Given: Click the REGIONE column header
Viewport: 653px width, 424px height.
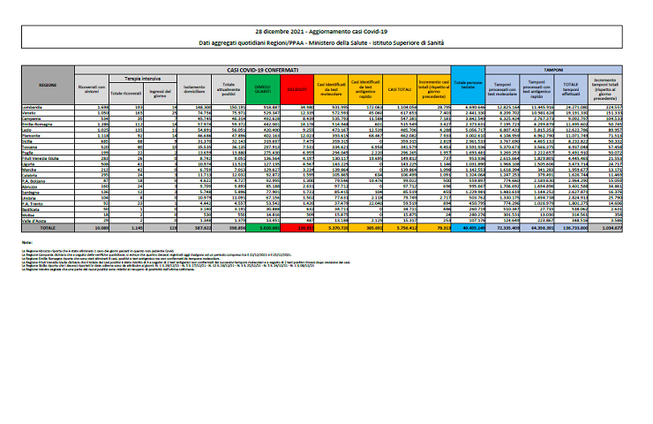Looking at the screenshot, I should point(48,85).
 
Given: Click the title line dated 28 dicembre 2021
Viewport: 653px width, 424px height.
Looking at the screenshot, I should point(326,31).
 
